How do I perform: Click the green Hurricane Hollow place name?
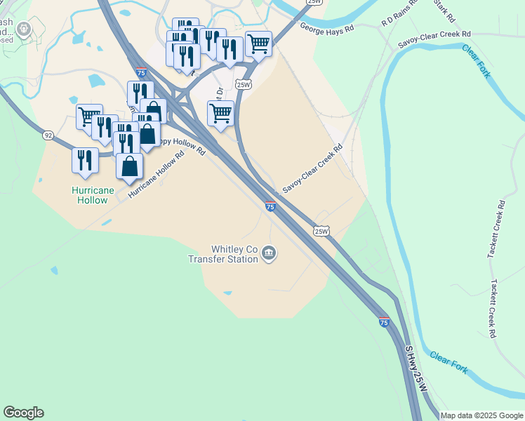pos(90,195)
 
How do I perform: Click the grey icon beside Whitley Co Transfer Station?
pos(270,253)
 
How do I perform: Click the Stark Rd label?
pos(445,11)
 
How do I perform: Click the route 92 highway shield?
pos(48,135)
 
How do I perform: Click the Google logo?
pos(23,413)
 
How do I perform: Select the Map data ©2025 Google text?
pos(481,415)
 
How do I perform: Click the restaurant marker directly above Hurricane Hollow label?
pos(84,160)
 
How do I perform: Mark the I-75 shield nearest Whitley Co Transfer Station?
pos(270,206)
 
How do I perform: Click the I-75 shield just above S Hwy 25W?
pos(384,321)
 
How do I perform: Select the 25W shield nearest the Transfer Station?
pos(321,231)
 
